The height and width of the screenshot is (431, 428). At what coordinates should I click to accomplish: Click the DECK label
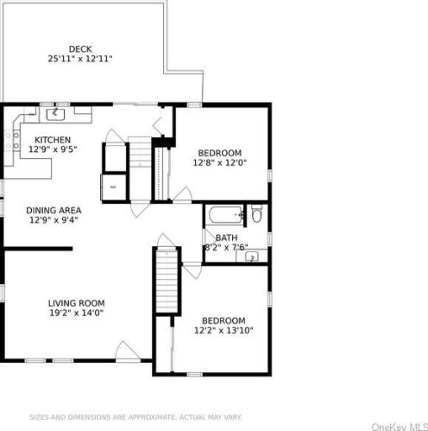[80, 49]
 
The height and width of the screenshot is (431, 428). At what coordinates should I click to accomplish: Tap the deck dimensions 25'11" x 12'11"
[80, 59]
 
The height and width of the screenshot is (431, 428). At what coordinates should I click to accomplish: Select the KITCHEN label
[53, 140]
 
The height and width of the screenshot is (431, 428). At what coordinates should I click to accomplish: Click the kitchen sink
[55, 115]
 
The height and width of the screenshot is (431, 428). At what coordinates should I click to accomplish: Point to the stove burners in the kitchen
[12, 141]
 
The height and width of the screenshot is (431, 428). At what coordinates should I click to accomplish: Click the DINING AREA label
[53, 211]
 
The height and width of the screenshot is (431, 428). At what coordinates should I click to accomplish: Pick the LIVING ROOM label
[76, 303]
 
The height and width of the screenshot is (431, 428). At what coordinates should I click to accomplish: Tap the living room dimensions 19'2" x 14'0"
[76, 313]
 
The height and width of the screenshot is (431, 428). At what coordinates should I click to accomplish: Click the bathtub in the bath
[226, 215]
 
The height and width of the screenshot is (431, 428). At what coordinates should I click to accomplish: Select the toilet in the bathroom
[257, 213]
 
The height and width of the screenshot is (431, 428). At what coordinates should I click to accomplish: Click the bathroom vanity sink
[252, 257]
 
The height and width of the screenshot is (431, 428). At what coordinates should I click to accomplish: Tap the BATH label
[227, 238]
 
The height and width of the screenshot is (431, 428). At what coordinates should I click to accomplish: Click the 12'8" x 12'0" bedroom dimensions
[220, 162]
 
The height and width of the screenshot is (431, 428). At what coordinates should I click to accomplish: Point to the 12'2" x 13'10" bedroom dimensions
[223, 330]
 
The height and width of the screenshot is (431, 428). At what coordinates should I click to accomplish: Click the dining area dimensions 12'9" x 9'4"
[53, 220]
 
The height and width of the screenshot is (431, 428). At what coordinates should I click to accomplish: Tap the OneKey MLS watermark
[400, 427]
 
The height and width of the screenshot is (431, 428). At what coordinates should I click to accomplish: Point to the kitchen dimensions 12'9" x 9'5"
[53, 149]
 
